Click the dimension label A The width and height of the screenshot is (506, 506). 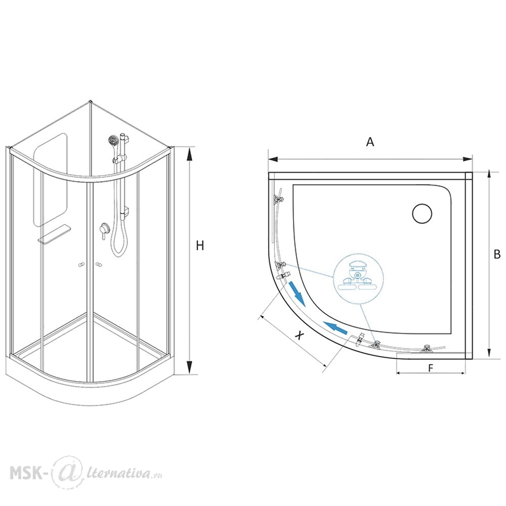point(370,142)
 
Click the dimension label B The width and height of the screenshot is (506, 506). point(497,255)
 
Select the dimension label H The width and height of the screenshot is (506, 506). point(200,246)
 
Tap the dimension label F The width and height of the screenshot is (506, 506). point(431,368)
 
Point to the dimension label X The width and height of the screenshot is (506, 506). point(300,335)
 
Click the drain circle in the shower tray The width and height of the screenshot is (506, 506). point(422,214)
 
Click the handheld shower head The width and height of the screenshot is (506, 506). point(113,141)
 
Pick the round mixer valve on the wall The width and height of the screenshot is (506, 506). point(104,228)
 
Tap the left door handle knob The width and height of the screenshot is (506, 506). point(81,265)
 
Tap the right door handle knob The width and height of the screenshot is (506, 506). point(99,265)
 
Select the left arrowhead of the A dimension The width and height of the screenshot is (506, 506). point(273,159)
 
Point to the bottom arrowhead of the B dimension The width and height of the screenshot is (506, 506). point(490,352)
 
